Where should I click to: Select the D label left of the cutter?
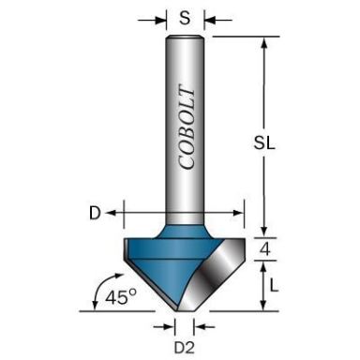click(x=95, y=213)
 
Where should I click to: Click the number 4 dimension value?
click(x=267, y=248)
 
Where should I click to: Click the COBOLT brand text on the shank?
click(x=186, y=127)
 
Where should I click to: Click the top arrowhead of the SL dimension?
click(x=265, y=43)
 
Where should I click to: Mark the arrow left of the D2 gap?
click(x=170, y=325)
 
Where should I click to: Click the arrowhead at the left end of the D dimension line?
click(x=111, y=213)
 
